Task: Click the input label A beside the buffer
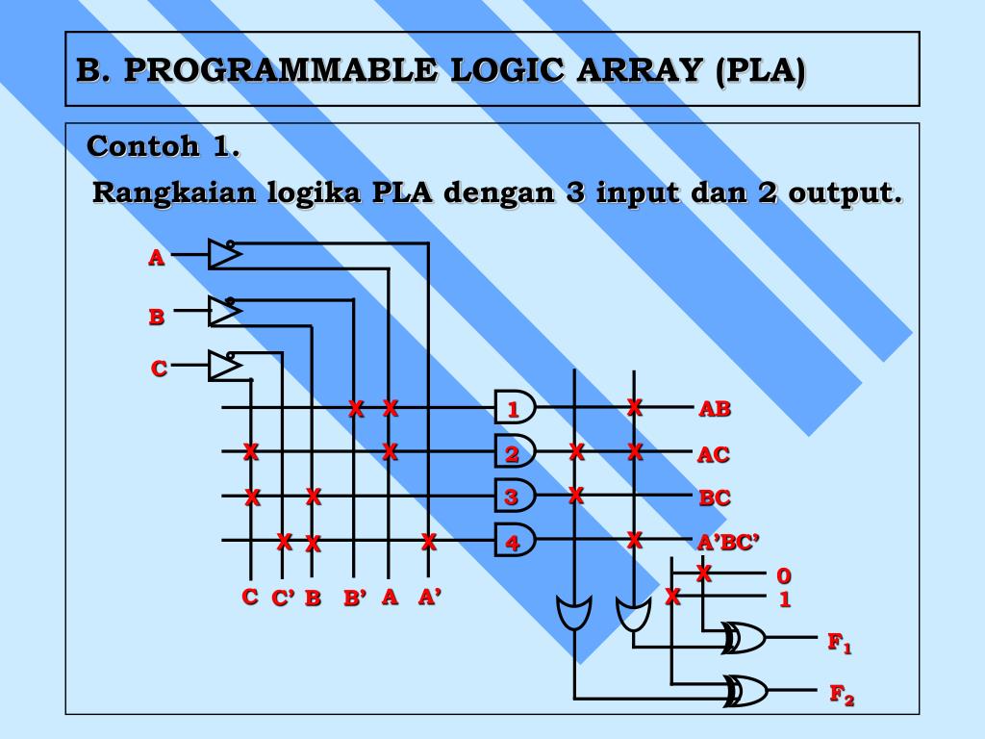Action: (156, 257)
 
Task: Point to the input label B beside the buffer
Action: (156, 317)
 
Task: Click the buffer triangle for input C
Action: (224, 366)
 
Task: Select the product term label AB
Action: (715, 409)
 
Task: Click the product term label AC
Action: (714, 454)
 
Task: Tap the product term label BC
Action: (715, 498)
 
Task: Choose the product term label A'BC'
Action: (729, 544)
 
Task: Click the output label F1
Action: (840, 643)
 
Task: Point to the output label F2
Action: (842, 695)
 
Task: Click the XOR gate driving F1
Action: (746, 637)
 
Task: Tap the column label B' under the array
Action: (356, 599)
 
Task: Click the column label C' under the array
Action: (283, 599)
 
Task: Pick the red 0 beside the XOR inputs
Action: (784, 576)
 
